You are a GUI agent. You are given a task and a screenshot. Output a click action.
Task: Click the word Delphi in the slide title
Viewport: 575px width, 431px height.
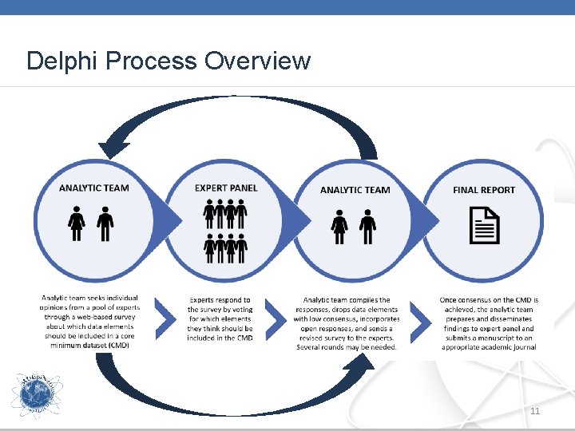pyautogui.click(x=58, y=61)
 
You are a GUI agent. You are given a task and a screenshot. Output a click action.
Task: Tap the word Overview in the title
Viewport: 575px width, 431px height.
pyautogui.click(x=257, y=61)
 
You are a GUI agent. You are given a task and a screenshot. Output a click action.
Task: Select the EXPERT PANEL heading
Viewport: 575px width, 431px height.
pyautogui.click(x=226, y=188)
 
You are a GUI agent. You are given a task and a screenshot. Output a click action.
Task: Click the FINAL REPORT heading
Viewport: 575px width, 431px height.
pyautogui.click(x=484, y=190)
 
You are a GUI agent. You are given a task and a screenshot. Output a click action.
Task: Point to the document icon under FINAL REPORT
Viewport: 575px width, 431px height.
pyautogui.click(x=484, y=225)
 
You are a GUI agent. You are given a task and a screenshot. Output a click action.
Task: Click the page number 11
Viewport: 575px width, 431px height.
pyautogui.click(x=534, y=410)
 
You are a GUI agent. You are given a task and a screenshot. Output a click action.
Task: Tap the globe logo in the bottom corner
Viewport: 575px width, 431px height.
pyautogui.click(x=36, y=394)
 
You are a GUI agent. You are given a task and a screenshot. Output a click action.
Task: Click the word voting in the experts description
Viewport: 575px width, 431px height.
pyautogui.click(x=242, y=309)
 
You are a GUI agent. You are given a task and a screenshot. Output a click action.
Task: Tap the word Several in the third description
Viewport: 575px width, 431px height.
pyautogui.click(x=313, y=347)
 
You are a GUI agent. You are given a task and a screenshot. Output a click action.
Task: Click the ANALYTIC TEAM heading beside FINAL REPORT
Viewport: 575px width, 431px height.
pyautogui.click(x=355, y=190)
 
